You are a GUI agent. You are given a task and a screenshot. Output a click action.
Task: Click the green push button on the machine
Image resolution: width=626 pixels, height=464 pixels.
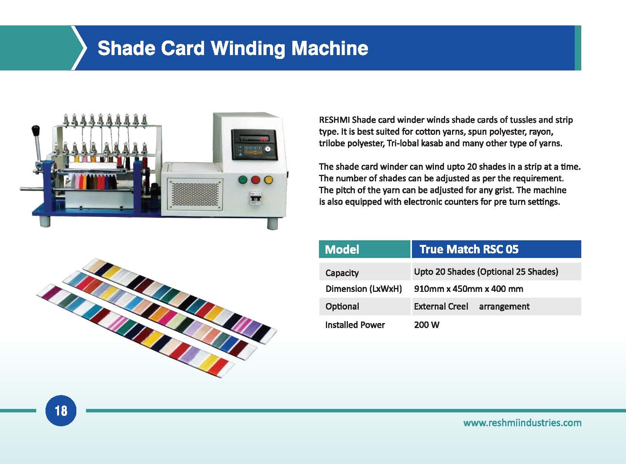point(243,179)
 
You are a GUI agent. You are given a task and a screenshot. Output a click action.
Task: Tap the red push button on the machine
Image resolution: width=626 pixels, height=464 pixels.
point(255,179)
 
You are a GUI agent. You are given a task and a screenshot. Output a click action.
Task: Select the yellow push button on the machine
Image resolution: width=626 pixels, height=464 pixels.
point(268,179)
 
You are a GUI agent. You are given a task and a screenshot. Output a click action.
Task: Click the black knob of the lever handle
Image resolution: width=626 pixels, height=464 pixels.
point(35,130)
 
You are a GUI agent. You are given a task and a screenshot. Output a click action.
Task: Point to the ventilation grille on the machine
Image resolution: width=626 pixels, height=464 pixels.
point(195,194)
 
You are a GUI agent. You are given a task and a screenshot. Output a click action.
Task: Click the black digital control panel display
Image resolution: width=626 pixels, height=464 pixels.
point(254,145)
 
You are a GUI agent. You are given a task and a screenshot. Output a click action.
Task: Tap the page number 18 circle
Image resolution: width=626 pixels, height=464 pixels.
point(61,410)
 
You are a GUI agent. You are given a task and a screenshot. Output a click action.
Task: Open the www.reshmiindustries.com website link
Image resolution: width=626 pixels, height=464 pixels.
point(522,423)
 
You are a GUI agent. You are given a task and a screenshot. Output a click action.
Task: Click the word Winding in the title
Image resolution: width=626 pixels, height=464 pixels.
point(248,49)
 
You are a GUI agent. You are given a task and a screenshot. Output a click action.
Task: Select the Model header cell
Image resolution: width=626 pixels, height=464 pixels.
point(364,249)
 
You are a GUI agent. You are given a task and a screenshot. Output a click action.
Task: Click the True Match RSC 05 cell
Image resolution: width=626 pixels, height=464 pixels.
point(496,249)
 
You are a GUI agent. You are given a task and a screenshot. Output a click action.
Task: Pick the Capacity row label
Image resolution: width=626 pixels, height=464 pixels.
point(342,273)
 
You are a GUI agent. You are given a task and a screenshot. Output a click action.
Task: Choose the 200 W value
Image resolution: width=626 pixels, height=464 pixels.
point(427,325)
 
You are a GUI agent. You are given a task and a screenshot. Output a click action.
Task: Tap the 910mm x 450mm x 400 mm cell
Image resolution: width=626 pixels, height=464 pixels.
point(468,289)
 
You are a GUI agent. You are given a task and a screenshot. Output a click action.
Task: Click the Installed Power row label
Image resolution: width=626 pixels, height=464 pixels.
point(355,325)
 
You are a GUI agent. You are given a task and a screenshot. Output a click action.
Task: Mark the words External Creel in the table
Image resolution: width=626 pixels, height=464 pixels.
point(441,306)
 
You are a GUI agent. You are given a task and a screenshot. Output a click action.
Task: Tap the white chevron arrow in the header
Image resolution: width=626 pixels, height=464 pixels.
point(80,48)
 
